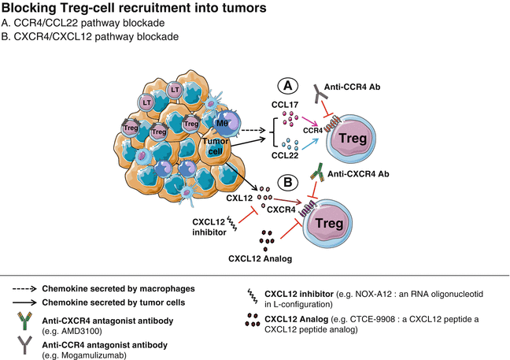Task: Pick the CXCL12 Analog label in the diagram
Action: (258, 258)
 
